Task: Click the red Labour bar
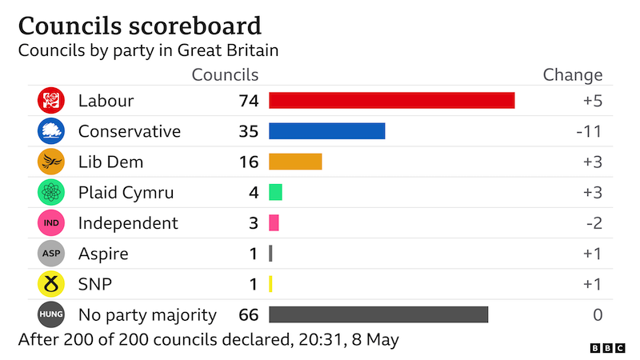(391, 101)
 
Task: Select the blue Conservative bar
(326, 131)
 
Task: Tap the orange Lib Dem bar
(295, 162)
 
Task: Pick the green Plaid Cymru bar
(275, 193)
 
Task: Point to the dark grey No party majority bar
(378, 314)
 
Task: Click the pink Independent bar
(274, 223)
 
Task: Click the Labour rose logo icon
(50, 101)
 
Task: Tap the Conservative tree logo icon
(50, 131)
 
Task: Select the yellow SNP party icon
(50, 284)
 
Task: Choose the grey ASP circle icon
(50, 254)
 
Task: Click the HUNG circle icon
(50, 314)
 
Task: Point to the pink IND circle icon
(50, 223)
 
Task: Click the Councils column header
(225, 75)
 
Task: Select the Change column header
(572, 75)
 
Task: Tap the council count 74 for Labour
(248, 101)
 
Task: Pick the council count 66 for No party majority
(248, 314)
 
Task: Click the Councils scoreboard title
(139, 26)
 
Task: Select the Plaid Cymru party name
(126, 193)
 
